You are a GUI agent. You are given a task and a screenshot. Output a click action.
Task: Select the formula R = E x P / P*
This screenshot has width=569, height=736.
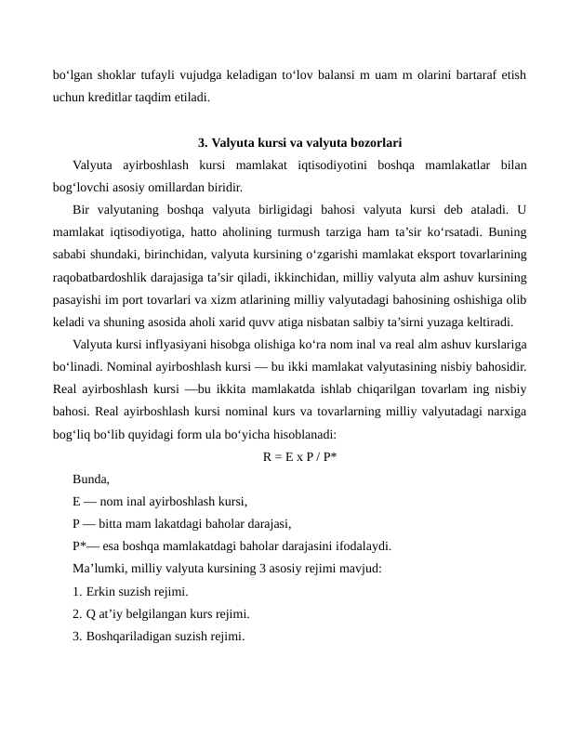[x=299, y=456]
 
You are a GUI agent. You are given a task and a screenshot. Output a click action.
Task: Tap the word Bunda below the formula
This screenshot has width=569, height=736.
[x=90, y=480]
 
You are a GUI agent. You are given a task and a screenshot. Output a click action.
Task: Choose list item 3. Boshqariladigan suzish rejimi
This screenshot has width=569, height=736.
[x=158, y=637]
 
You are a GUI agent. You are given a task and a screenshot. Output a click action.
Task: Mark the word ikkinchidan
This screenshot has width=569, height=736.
[x=319, y=277]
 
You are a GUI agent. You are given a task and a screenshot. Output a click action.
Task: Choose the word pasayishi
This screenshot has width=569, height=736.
[x=78, y=299]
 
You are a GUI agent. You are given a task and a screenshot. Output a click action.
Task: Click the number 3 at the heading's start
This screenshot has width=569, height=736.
[x=202, y=143]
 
